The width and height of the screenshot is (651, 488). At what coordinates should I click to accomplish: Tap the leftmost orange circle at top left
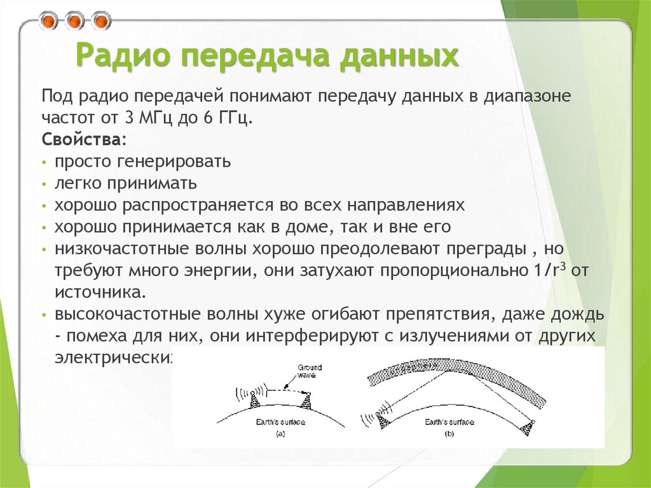(48, 22)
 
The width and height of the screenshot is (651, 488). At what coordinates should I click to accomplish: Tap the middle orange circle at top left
(75, 22)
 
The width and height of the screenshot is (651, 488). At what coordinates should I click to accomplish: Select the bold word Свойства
(82, 139)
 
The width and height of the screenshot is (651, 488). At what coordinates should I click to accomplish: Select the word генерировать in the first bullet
(174, 162)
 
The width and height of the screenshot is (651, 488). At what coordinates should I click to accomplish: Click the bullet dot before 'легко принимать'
(44, 185)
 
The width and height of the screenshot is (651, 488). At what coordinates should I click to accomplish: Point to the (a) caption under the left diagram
(280, 434)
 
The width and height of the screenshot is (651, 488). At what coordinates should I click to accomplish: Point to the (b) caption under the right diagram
(449, 434)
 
